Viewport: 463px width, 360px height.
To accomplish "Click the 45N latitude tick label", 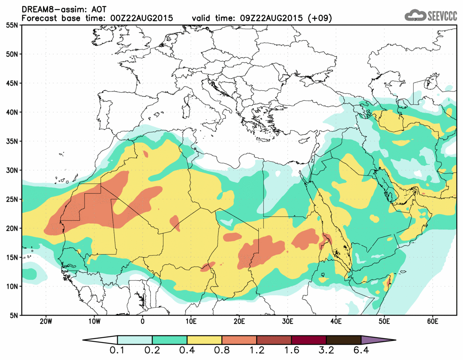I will pos(12,84).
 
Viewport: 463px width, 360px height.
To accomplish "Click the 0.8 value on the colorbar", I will pos(222,351).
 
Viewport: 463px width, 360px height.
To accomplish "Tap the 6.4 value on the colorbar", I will pos(361,351).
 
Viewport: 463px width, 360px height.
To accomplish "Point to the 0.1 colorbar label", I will pos(118,351).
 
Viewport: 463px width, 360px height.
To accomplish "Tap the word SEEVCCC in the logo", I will pos(442,16).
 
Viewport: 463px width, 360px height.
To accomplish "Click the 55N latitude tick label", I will pos(12,25).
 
